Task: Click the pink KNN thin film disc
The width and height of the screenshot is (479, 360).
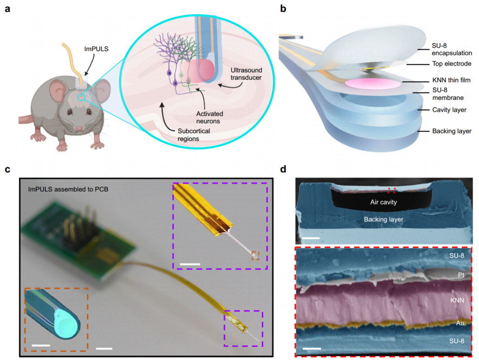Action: pyautogui.click(x=372, y=84)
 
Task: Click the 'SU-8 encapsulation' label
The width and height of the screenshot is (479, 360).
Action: pyautogui.click(x=444, y=49)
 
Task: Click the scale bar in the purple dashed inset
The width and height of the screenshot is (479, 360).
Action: pyautogui.click(x=191, y=263)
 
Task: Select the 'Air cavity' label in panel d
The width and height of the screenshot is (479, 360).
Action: pyautogui.click(x=384, y=202)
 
